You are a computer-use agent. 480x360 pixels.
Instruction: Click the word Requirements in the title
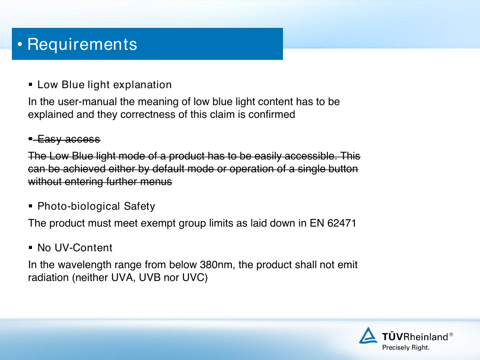point(82,44)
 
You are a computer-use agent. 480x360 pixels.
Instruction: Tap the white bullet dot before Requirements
point(20,44)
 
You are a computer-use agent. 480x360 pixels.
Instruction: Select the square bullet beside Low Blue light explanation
point(30,85)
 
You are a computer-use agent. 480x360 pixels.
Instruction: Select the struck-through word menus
point(156,182)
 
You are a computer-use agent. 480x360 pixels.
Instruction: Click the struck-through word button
point(343,169)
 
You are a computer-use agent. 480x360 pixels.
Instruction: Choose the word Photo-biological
point(79,206)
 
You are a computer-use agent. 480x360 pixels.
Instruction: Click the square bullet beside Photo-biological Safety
point(30,206)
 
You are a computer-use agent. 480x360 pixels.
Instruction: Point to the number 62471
point(341,223)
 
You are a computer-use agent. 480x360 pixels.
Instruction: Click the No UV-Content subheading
point(75,248)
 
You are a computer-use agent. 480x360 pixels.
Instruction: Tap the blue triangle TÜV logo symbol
point(368,335)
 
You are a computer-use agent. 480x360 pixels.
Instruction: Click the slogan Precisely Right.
point(406,348)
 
